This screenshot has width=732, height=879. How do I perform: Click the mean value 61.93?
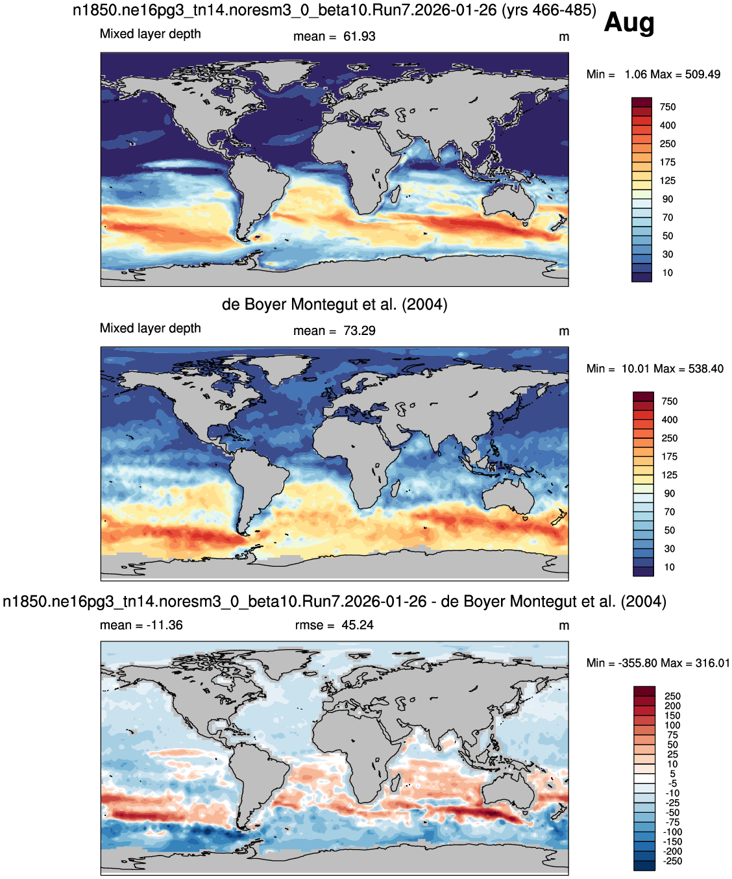359,36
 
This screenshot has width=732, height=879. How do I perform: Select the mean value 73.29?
359,331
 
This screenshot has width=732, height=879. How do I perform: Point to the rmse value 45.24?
358,625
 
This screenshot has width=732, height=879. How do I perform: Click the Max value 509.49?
703,75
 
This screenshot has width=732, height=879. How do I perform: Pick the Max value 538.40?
706,369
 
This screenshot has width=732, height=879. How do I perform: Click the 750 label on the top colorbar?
668,107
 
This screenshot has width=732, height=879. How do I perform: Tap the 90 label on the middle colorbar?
669,493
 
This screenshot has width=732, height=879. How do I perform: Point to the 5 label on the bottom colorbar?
673,774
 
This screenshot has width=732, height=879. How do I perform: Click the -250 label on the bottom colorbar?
672,861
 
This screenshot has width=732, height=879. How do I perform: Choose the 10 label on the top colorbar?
668,273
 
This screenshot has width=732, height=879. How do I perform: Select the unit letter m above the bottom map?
564,626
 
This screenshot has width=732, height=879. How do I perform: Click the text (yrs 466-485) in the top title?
549,10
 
